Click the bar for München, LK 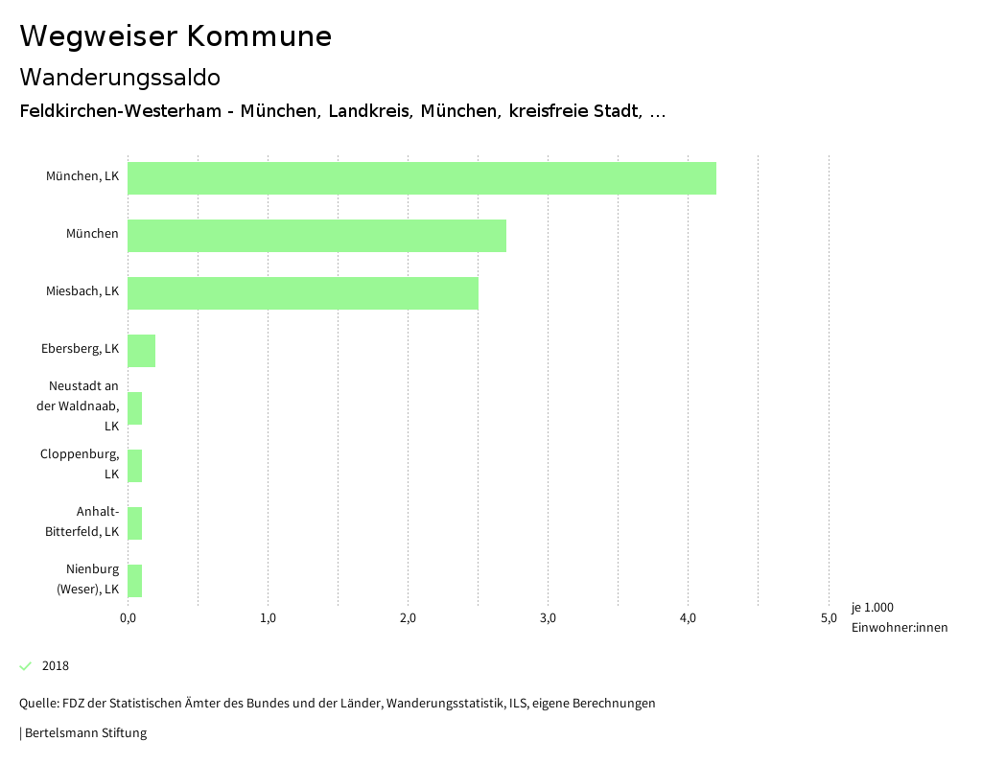(x=422, y=178)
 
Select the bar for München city (x=316, y=236)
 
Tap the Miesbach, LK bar (x=303, y=293)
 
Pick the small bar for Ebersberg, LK (x=141, y=351)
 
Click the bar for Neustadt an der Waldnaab (x=135, y=408)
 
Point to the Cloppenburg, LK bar (x=135, y=466)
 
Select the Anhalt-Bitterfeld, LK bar (x=135, y=523)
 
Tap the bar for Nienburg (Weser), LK (x=135, y=581)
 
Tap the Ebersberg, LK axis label (x=81, y=349)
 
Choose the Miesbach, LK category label (x=82, y=291)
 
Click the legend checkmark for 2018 (x=26, y=666)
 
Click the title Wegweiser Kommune (x=175, y=36)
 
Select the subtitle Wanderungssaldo (x=120, y=77)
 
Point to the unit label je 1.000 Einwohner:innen (x=899, y=617)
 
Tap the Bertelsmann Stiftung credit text (x=85, y=733)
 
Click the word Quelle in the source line (x=36, y=704)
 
